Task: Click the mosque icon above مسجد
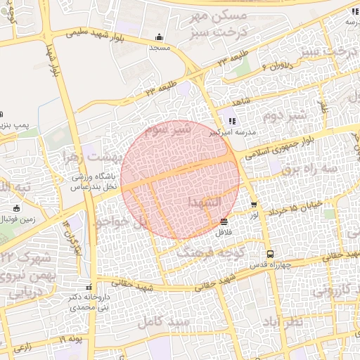[x=160, y=37]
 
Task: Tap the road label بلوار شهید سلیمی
[x=98, y=30]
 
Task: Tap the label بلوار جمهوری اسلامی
[x=287, y=145]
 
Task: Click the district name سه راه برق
[x=309, y=169]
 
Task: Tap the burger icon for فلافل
[x=224, y=221]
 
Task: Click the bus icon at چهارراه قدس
[x=269, y=255]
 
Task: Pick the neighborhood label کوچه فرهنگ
[x=210, y=250]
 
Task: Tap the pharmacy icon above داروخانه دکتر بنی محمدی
[x=89, y=287]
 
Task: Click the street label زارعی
[x=21, y=347]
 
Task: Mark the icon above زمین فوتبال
[x=17, y=208]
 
